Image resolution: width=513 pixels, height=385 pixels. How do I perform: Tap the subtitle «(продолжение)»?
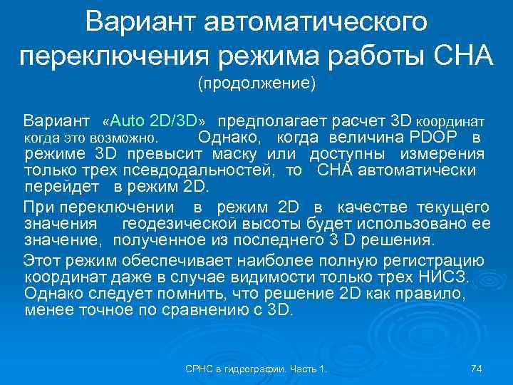(x=256, y=84)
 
